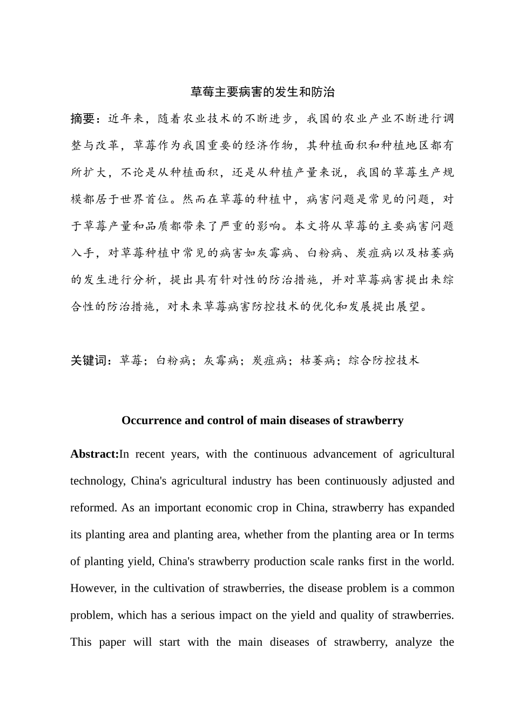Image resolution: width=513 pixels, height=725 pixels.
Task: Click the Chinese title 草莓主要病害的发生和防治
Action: (262, 92)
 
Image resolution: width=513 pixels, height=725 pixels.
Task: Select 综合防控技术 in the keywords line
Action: (383, 360)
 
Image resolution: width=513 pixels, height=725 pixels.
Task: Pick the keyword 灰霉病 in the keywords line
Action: (221, 360)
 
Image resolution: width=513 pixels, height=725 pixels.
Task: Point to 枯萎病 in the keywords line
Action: (318, 360)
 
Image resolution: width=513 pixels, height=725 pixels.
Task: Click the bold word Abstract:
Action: (94, 454)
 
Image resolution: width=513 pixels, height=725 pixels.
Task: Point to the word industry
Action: (252, 481)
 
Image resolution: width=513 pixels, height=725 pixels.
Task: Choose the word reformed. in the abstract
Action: (93, 508)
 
